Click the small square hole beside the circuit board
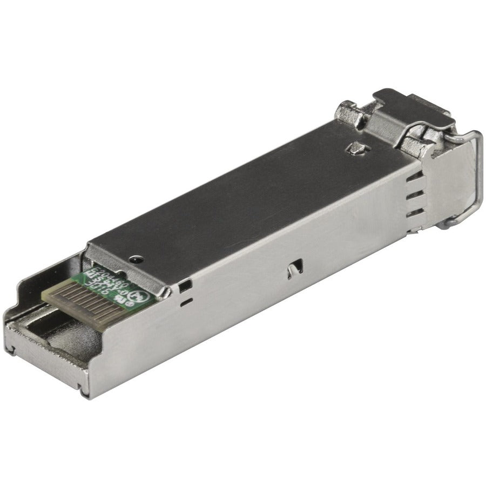pos(187,283)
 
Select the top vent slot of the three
pos(414,181)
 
